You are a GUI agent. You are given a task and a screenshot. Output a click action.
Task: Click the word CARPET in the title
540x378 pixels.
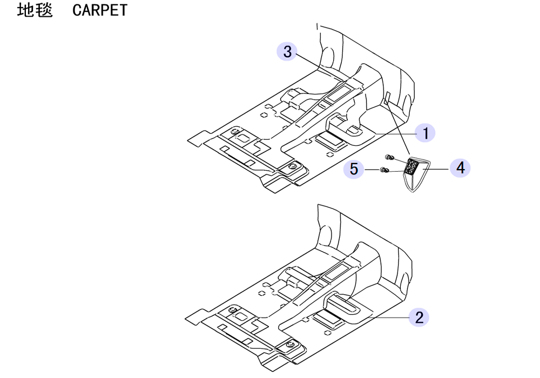click(x=100, y=10)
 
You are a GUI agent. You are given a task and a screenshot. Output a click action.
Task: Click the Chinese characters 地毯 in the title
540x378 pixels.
click(x=35, y=10)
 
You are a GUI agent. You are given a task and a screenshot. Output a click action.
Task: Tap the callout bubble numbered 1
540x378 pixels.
click(x=426, y=133)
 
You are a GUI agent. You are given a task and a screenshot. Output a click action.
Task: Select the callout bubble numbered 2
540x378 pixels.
click(x=419, y=317)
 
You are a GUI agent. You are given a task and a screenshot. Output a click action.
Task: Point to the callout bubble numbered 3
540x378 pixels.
click(x=287, y=51)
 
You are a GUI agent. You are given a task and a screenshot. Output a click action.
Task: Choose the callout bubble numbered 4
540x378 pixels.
click(x=461, y=168)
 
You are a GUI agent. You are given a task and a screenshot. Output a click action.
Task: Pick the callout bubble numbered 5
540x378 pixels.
click(x=354, y=169)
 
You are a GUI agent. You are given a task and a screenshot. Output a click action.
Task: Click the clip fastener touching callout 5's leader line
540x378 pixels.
click(x=384, y=170)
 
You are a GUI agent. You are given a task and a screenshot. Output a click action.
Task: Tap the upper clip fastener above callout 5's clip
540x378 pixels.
click(x=389, y=157)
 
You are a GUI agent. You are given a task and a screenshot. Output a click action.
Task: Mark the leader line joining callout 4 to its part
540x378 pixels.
click(x=436, y=168)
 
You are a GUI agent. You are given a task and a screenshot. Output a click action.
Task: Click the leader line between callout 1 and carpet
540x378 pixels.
click(x=395, y=134)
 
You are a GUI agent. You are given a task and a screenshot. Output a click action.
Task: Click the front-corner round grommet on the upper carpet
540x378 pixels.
click(x=293, y=166)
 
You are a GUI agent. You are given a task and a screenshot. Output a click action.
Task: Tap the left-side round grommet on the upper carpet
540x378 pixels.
click(x=235, y=133)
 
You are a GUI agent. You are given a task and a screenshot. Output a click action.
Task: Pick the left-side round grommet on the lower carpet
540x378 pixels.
click(x=232, y=309)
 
